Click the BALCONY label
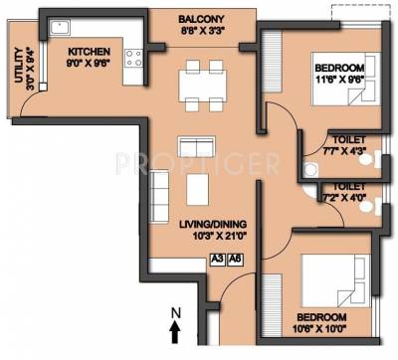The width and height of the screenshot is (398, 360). (201, 18)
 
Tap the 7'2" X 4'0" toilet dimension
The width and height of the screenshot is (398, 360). (344, 197)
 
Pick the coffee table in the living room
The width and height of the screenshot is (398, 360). (195, 189)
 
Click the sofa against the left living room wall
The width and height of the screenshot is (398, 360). (159, 189)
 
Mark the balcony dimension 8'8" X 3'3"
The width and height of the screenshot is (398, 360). (201, 31)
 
